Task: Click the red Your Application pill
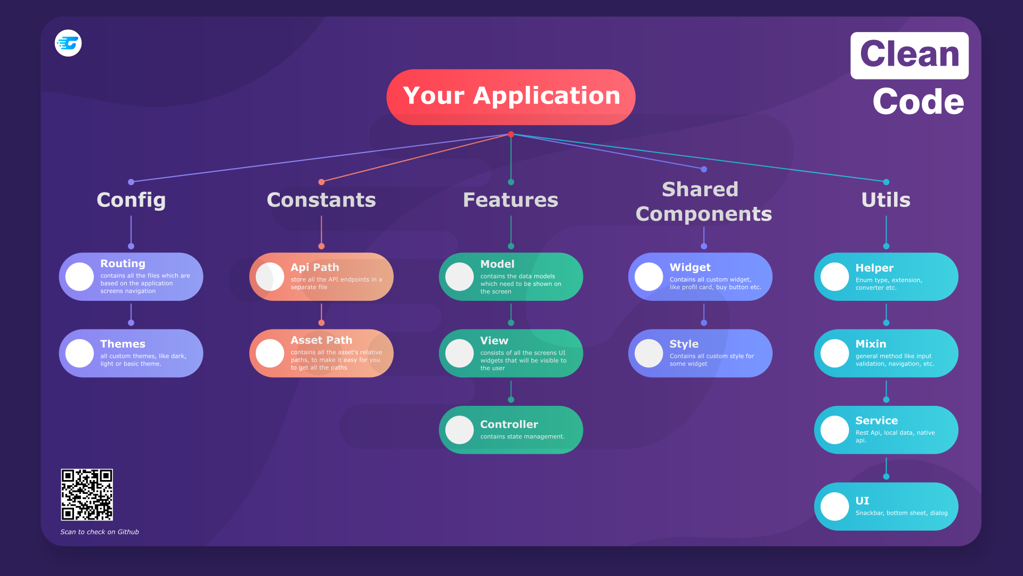click(x=510, y=97)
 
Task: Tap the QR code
click(x=87, y=494)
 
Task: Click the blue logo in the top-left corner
click(x=68, y=43)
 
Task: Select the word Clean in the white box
click(x=910, y=54)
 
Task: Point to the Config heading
click(x=131, y=200)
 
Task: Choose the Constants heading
click(x=321, y=200)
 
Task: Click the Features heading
click(x=510, y=200)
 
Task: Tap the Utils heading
click(x=886, y=200)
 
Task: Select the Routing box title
click(x=123, y=263)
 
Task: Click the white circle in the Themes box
click(x=79, y=353)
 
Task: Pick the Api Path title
click(x=315, y=267)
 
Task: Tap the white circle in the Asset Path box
click(x=270, y=353)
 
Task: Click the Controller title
click(x=509, y=425)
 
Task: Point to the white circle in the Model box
click(x=459, y=277)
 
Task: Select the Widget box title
click(x=690, y=267)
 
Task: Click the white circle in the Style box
click(x=648, y=353)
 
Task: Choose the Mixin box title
click(x=871, y=344)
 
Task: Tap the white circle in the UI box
click(x=834, y=506)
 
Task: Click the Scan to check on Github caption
click(x=100, y=532)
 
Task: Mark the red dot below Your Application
click(x=511, y=134)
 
